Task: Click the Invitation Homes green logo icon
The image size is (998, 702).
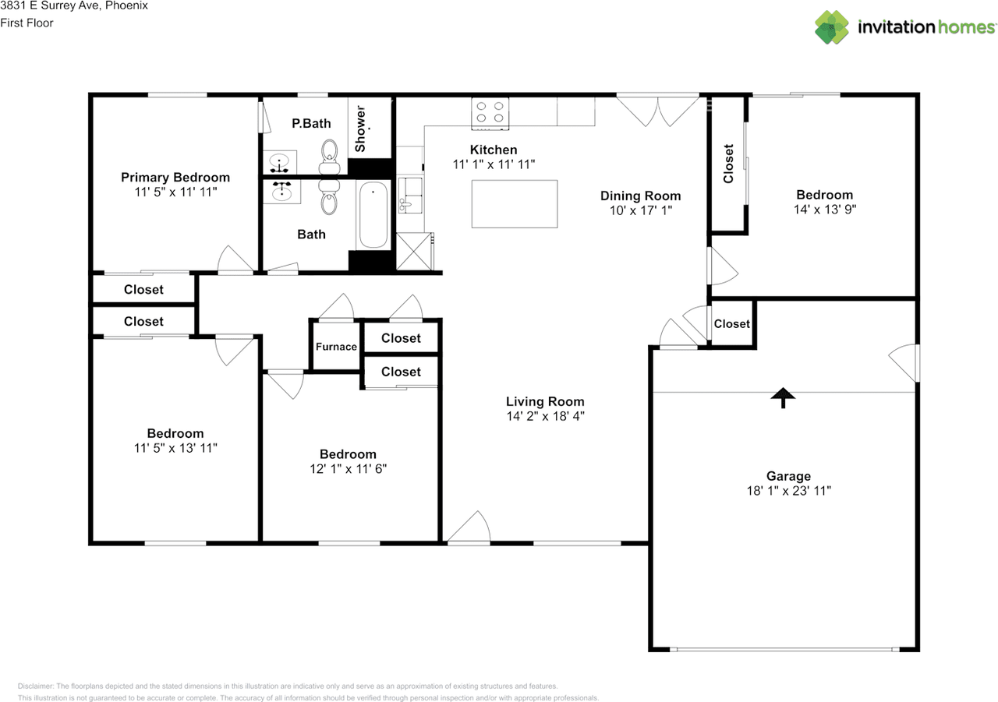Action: tap(832, 27)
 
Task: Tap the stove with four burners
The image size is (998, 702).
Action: tap(490, 114)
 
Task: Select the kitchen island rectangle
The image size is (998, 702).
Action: tap(515, 204)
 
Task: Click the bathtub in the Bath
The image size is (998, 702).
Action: tap(373, 214)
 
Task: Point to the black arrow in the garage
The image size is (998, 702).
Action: tap(783, 397)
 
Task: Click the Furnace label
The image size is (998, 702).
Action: tap(336, 347)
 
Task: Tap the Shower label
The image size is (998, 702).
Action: tap(360, 129)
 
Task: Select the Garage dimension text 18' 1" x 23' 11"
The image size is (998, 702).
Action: tap(789, 491)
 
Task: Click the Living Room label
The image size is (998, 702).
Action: tap(545, 401)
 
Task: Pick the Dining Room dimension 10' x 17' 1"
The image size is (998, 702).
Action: tap(641, 210)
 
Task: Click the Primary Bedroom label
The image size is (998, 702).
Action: tap(175, 177)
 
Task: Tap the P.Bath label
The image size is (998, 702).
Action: tap(311, 123)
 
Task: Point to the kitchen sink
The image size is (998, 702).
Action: tap(410, 195)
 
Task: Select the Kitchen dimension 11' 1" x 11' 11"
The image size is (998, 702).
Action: tap(494, 164)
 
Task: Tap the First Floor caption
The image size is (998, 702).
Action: tap(27, 23)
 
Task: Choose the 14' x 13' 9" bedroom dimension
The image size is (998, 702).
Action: tap(825, 210)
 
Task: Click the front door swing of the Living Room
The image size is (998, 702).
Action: tap(469, 527)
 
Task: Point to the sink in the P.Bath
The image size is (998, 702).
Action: tap(279, 162)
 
